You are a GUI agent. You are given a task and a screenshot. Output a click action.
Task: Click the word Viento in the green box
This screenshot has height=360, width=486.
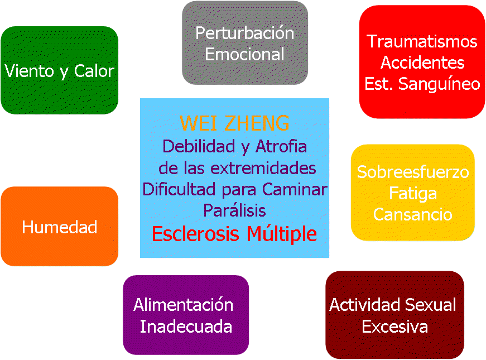(29, 71)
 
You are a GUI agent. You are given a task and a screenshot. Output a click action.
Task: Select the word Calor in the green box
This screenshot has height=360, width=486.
(94, 71)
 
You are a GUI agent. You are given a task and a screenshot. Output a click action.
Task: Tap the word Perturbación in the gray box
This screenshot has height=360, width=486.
(245, 33)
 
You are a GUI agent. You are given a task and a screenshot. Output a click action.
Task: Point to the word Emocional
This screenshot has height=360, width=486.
(244, 54)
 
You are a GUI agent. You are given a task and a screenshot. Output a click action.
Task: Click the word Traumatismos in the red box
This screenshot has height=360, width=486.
(422, 41)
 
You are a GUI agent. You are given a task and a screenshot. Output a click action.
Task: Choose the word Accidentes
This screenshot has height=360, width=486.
(422, 63)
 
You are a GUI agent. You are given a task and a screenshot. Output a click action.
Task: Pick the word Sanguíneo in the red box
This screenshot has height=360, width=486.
(439, 84)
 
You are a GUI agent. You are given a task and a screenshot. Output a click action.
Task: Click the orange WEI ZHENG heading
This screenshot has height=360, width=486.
(234, 123)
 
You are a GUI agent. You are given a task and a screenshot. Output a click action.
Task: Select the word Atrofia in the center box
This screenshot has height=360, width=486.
(281, 146)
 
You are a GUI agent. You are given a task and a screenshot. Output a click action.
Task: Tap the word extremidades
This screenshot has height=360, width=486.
(263, 168)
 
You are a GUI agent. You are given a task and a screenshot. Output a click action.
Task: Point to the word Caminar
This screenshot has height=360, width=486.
(295, 189)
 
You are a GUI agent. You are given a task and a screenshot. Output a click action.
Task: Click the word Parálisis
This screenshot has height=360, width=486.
(234, 210)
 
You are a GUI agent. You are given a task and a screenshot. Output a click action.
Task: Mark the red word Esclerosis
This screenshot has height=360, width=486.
(195, 233)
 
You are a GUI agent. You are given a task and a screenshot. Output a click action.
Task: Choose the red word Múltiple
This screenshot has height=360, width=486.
(282, 234)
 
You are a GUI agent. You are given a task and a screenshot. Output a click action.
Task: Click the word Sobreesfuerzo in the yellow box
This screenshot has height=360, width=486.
(413, 172)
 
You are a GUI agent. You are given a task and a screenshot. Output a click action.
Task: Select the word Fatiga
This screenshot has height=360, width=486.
(413, 194)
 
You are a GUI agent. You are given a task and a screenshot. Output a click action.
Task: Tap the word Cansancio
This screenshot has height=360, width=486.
(413, 214)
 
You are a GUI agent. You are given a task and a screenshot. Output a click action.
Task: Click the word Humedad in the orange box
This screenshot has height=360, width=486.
(60, 227)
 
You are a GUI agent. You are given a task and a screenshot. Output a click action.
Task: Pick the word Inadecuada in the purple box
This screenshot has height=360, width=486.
(186, 327)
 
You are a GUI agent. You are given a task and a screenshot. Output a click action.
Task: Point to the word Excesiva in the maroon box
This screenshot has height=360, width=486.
(394, 327)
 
